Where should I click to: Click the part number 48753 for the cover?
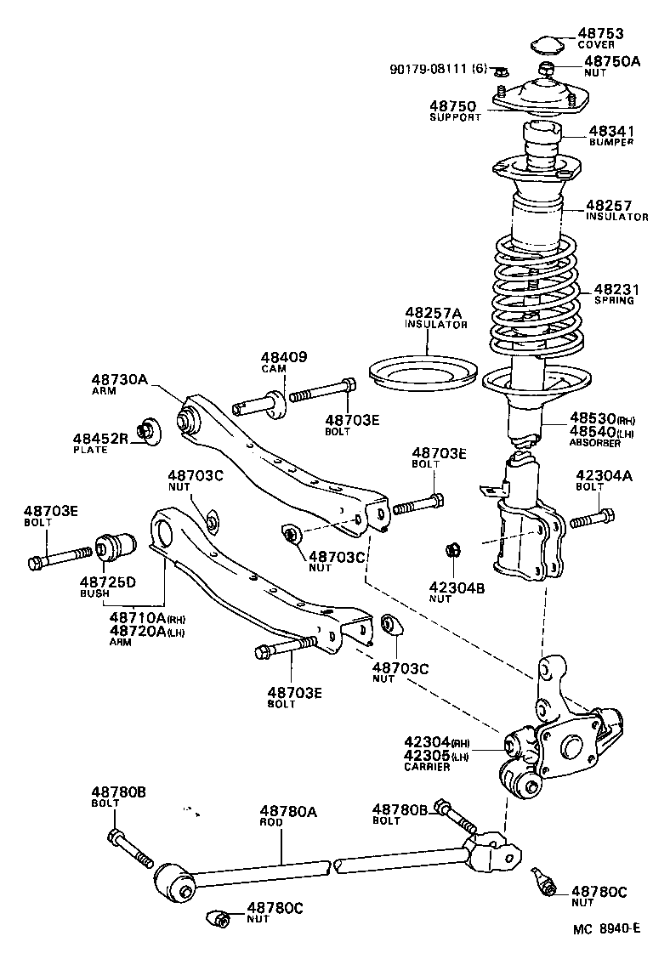click(601, 34)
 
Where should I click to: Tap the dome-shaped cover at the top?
click(544, 44)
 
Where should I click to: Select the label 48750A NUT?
click(610, 62)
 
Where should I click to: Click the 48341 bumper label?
click(611, 132)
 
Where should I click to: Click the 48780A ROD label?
click(288, 813)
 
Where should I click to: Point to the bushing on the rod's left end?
click(174, 880)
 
